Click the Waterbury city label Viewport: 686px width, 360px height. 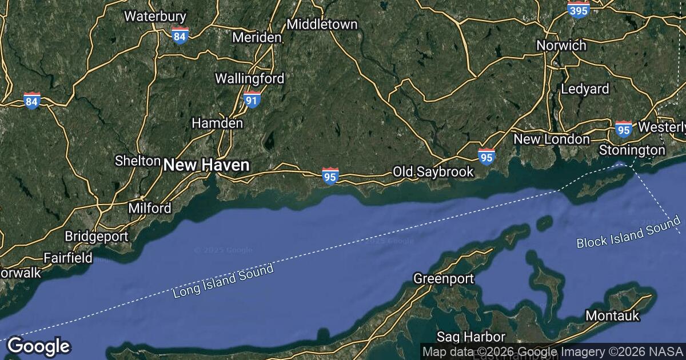(x=147, y=16)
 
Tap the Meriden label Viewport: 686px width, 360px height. (x=257, y=38)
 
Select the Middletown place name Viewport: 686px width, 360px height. (x=322, y=24)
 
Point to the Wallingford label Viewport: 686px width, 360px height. (x=249, y=78)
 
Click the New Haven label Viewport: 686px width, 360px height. (x=206, y=166)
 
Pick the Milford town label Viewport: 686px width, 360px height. (x=150, y=208)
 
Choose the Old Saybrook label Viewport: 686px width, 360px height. (x=433, y=171)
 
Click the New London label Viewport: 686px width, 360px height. (x=552, y=139)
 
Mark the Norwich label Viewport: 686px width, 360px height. (x=561, y=45)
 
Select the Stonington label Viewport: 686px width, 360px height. (x=632, y=150)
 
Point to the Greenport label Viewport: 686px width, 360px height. (x=444, y=279)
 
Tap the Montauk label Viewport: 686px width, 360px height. (x=612, y=315)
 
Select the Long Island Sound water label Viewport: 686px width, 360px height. (x=223, y=281)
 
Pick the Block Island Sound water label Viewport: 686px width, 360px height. (x=628, y=232)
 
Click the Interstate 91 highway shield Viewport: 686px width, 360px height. (x=252, y=99)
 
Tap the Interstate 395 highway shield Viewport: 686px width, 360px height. (x=579, y=9)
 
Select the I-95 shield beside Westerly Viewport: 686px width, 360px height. (x=624, y=129)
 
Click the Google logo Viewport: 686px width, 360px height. (x=38, y=346)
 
